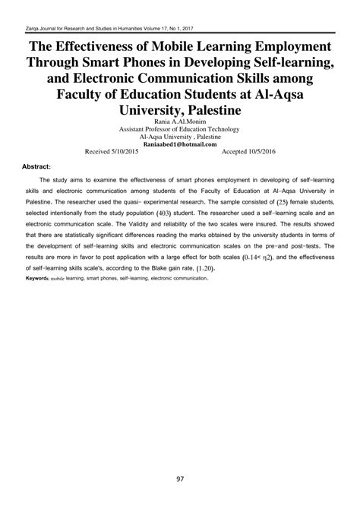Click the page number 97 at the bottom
180,479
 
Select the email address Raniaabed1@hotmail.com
180,142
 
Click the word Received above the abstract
96,151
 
